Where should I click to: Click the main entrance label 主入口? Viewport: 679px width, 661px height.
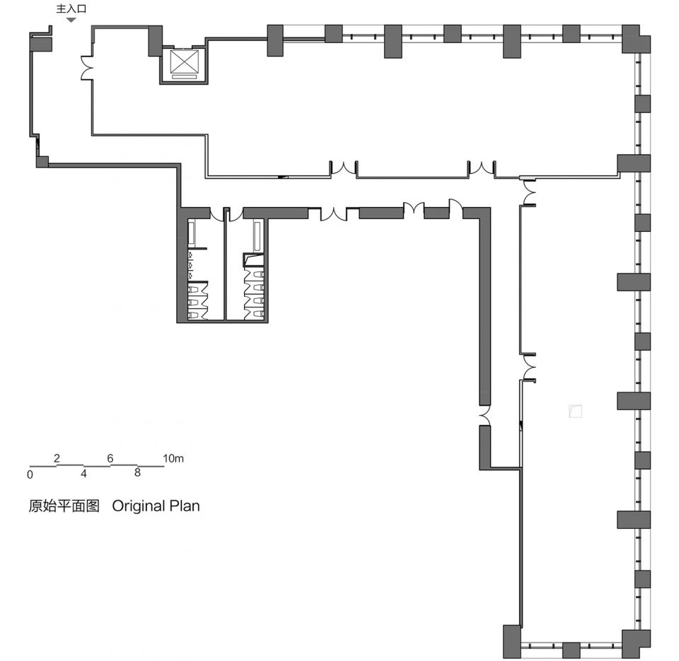pyautogui.click(x=71, y=8)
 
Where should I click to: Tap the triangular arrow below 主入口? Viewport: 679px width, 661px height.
pyautogui.click(x=71, y=20)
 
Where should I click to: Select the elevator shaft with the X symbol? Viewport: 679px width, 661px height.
pyautogui.click(x=184, y=65)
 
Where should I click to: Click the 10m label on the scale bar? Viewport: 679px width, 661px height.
pyautogui.click(x=173, y=458)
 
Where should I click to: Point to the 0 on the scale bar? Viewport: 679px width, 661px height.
pyautogui.click(x=30, y=475)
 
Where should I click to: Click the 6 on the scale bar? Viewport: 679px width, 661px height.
pyautogui.click(x=110, y=458)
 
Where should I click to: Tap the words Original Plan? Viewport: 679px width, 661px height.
pyautogui.click(x=156, y=506)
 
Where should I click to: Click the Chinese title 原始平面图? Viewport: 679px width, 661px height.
pyautogui.click(x=64, y=506)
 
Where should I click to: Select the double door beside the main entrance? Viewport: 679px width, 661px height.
pyautogui.click(x=87, y=68)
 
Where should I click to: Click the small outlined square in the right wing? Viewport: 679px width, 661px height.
pyautogui.click(x=576, y=411)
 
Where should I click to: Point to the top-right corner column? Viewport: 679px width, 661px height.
pyautogui.click(x=636, y=39)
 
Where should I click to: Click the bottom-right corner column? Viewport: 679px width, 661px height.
pyautogui.click(x=636, y=644)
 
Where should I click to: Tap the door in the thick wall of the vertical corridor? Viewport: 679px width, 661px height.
pyautogui.click(x=484, y=416)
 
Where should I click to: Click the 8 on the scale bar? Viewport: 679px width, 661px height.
pyautogui.click(x=137, y=473)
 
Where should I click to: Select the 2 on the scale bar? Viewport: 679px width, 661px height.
pyautogui.click(x=57, y=458)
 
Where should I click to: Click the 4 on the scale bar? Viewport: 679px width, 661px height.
pyautogui.click(x=83, y=474)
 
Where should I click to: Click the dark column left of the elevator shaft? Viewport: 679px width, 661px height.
pyautogui.click(x=156, y=41)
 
